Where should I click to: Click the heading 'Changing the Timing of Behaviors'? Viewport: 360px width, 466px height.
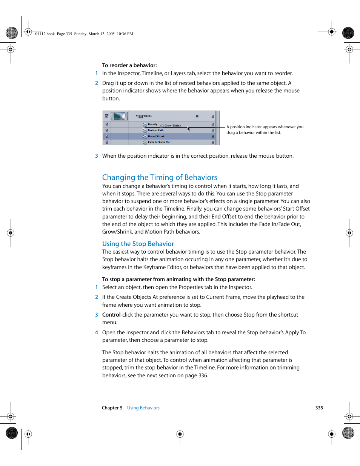[x=160, y=177]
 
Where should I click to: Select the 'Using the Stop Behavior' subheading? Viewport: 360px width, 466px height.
[x=138, y=244]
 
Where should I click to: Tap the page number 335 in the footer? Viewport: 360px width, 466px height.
[x=319, y=408]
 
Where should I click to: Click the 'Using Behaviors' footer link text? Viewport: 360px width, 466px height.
[x=143, y=408]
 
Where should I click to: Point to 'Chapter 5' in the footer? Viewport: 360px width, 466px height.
[x=112, y=408]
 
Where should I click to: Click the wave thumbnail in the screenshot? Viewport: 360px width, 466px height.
[x=119, y=116]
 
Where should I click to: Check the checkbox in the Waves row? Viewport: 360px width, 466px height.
[x=107, y=116]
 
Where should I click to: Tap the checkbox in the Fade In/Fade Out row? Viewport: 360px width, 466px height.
[x=107, y=142]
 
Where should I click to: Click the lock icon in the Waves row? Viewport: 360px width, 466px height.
[x=212, y=116]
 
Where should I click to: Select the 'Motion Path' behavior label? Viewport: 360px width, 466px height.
[x=155, y=130]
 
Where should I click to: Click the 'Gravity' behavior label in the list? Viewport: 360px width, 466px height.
[x=152, y=124]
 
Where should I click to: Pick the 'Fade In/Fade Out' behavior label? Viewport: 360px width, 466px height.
[x=159, y=142]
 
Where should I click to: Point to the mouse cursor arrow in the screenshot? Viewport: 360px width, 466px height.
[x=188, y=129]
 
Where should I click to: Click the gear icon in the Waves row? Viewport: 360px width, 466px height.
[x=197, y=116]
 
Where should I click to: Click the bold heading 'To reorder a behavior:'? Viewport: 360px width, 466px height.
[x=129, y=65]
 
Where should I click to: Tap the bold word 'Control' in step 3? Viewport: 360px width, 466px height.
[x=111, y=315]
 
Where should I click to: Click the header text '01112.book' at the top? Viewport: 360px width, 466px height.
[x=45, y=34]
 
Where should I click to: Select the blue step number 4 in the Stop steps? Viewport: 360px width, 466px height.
[x=97, y=332]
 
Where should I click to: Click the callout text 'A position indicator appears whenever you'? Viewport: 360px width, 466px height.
[x=265, y=127]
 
